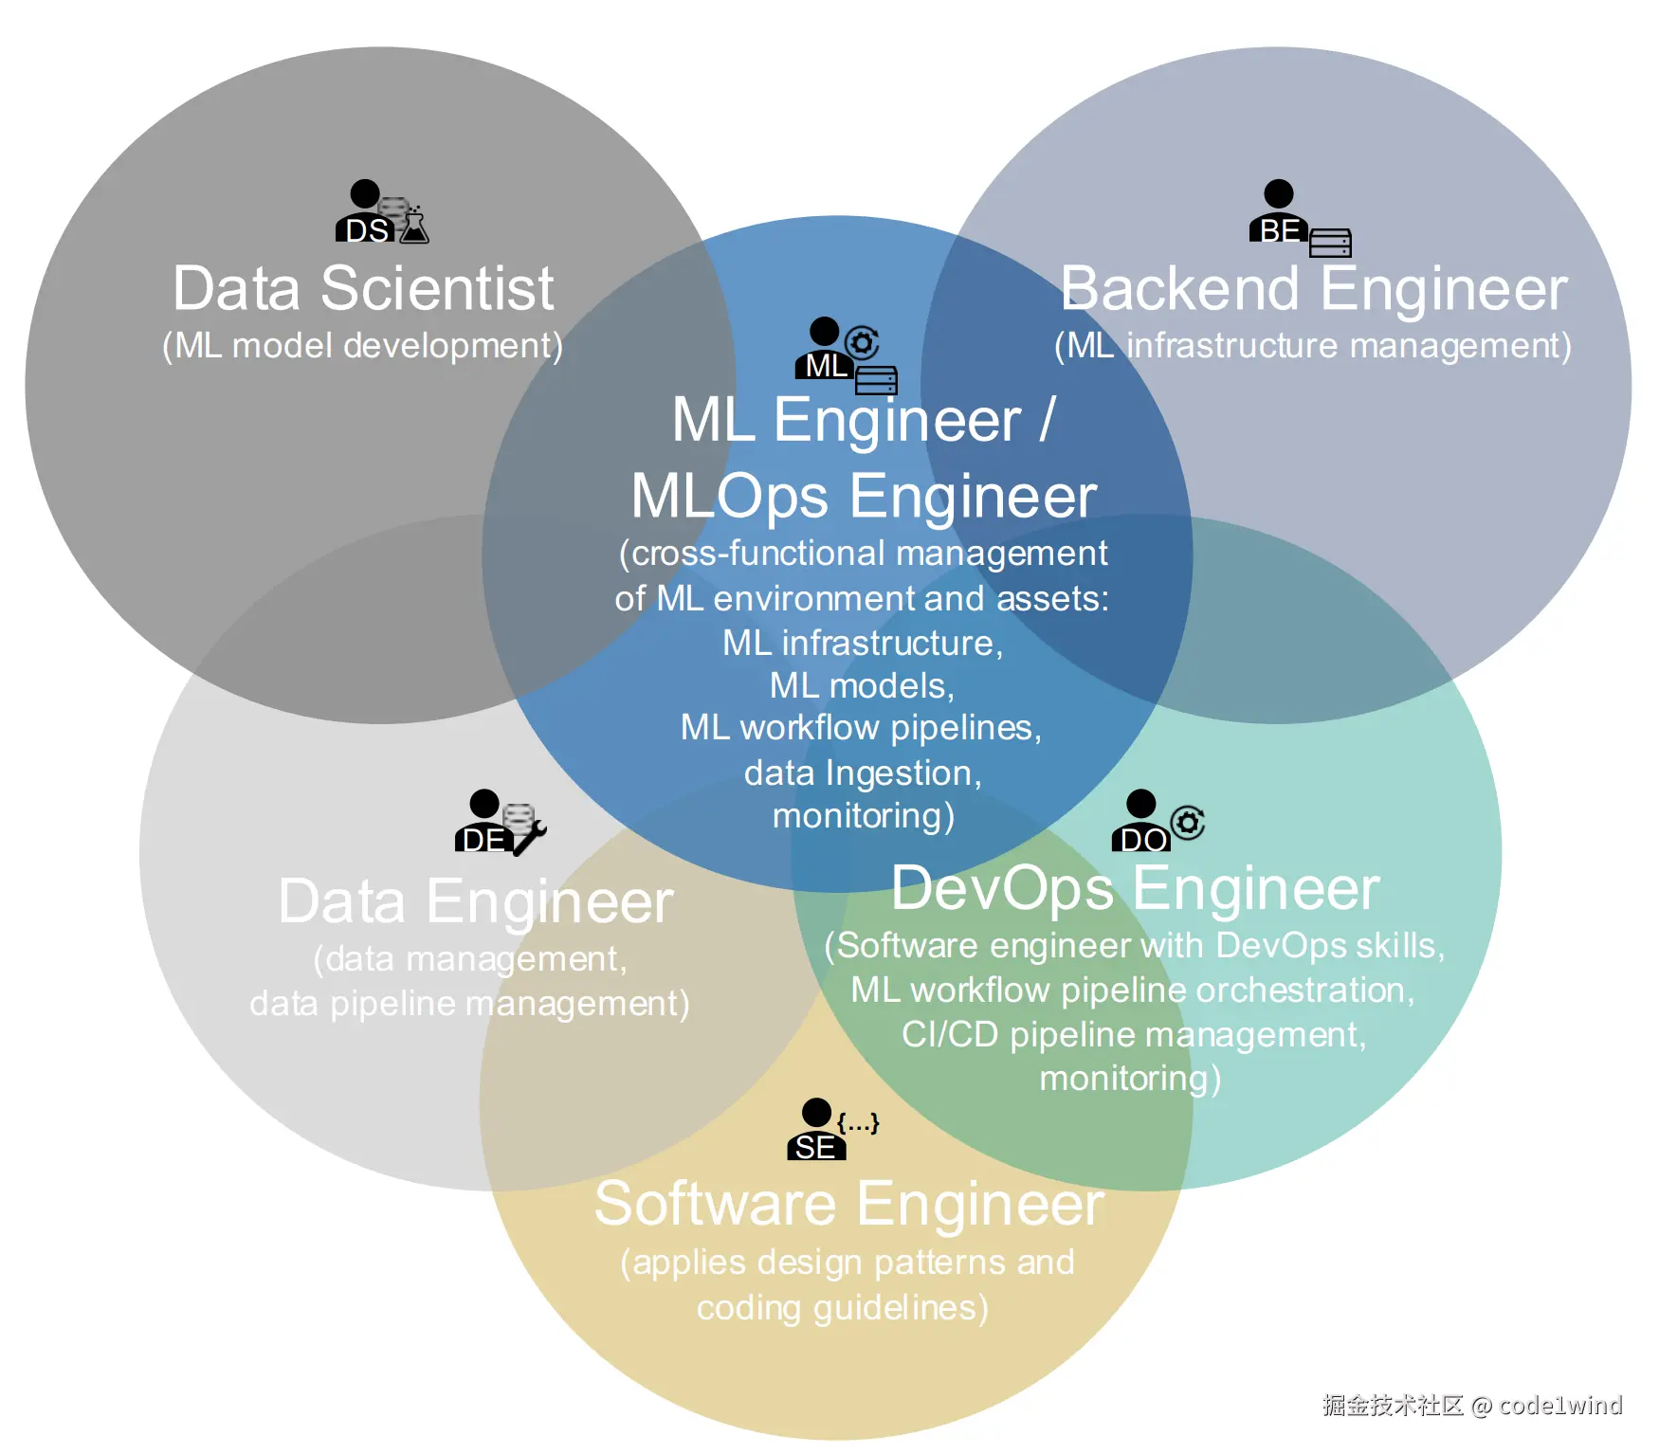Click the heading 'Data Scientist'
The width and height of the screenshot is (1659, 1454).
[363, 288]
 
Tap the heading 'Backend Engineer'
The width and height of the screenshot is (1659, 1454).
[1314, 288]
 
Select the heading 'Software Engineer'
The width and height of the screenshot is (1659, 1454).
[848, 1204]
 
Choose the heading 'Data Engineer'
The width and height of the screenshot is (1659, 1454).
[476, 901]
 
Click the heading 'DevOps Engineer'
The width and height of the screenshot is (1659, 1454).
[1135, 889]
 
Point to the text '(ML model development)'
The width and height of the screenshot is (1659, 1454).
[363, 346]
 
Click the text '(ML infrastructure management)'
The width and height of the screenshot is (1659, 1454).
[1313, 346]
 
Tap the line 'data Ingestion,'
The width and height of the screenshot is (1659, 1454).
[863, 773]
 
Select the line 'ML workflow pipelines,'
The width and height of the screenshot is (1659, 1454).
[861, 728]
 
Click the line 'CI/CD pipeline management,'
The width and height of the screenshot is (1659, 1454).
[1134, 1034]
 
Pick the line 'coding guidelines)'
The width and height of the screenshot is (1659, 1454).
[843, 1308]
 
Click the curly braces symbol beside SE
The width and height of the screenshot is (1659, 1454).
[859, 1123]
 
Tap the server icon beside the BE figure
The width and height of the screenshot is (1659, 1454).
[1330, 244]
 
